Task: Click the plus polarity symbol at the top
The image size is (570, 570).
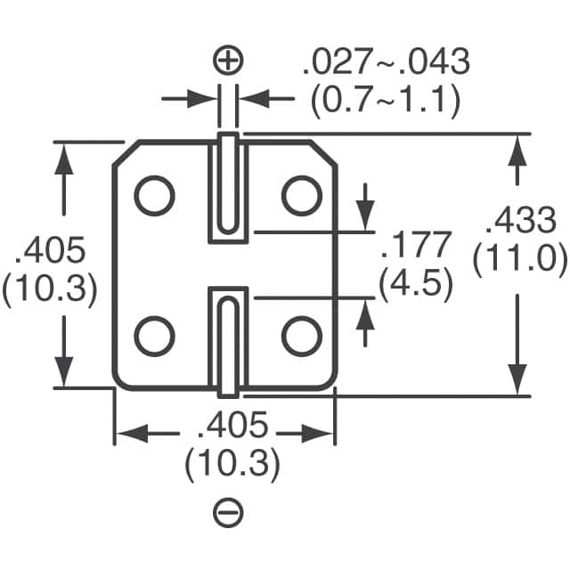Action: tap(229, 61)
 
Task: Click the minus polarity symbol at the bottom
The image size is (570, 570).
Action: tap(229, 511)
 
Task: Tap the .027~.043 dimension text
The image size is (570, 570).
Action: tap(386, 63)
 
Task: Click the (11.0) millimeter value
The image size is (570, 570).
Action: tap(520, 259)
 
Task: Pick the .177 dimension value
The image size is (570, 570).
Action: tap(416, 244)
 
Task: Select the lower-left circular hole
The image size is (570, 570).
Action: tap(155, 335)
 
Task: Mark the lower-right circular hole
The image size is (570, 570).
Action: tap(301, 335)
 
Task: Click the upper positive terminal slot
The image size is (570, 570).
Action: tap(228, 187)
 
